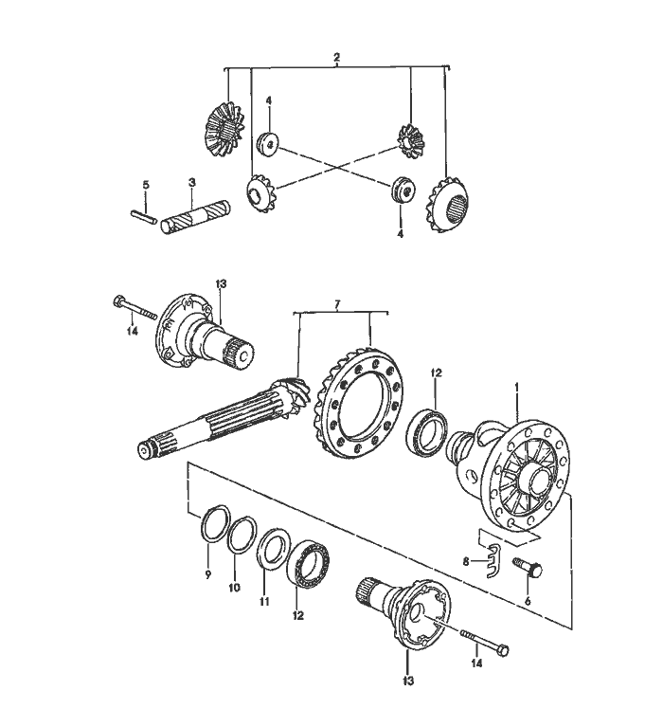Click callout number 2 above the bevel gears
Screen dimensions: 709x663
[x=337, y=59]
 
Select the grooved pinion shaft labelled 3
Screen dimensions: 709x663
[x=195, y=220]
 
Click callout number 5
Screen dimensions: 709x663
[x=146, y=184]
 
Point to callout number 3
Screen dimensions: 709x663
[x=191, y=182]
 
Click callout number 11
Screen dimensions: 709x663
[x=265, y=601]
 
